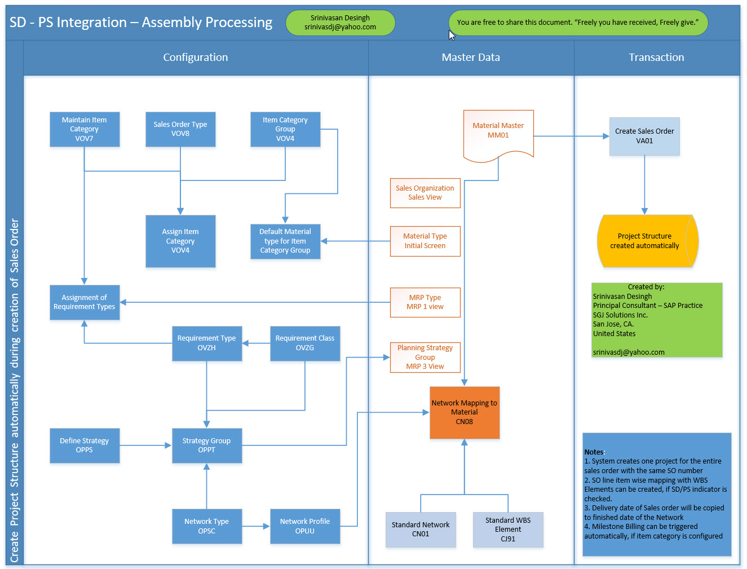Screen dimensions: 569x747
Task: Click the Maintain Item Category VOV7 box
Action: coord(85,129)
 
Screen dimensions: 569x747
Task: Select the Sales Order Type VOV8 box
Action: coord(180,129)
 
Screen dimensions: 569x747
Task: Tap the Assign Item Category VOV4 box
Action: coord(180,241)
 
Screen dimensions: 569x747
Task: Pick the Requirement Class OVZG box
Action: coord(305,343)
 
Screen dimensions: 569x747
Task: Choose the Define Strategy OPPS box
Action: coord(85,446)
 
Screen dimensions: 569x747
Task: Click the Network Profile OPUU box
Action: coord(305,526)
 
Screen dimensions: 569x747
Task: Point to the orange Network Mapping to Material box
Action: coord(465,412)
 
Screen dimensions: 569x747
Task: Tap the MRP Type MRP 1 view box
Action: coord(425,302)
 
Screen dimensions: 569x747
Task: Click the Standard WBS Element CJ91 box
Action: coord(508,530)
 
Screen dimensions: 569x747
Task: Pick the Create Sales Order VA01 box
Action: coord(644,136)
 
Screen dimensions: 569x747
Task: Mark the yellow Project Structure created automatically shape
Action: coord(646,241)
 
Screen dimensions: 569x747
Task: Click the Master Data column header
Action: coord(471,58)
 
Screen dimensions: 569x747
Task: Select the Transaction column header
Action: coord(656,58)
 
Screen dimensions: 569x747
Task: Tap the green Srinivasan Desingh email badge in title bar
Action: coord(341,23)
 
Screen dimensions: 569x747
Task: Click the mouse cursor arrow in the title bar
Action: coord(452,35)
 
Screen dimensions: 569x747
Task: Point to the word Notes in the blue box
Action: coord(594,452)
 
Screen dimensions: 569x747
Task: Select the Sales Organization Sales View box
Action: coord(425,193)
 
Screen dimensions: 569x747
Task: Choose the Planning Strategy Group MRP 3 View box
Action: coord(425,358)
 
